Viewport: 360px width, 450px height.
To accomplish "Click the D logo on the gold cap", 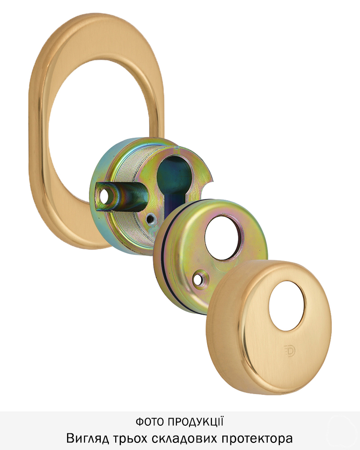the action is (288, 351).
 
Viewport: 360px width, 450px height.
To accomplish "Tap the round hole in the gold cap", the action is (287, 306).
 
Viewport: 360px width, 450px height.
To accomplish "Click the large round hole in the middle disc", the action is (223, 237).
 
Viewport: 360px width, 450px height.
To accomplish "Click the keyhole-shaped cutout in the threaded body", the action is (174, 184).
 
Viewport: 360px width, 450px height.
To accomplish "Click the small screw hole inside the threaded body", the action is (149, 220).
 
